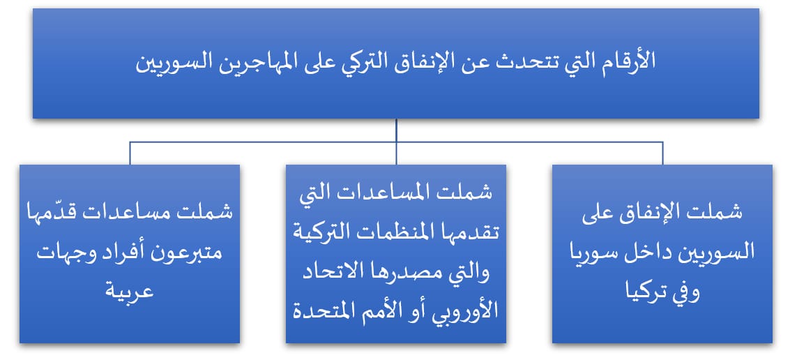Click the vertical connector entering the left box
click(x=130, y=153)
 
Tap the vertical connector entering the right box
click(x=662, y=153)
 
